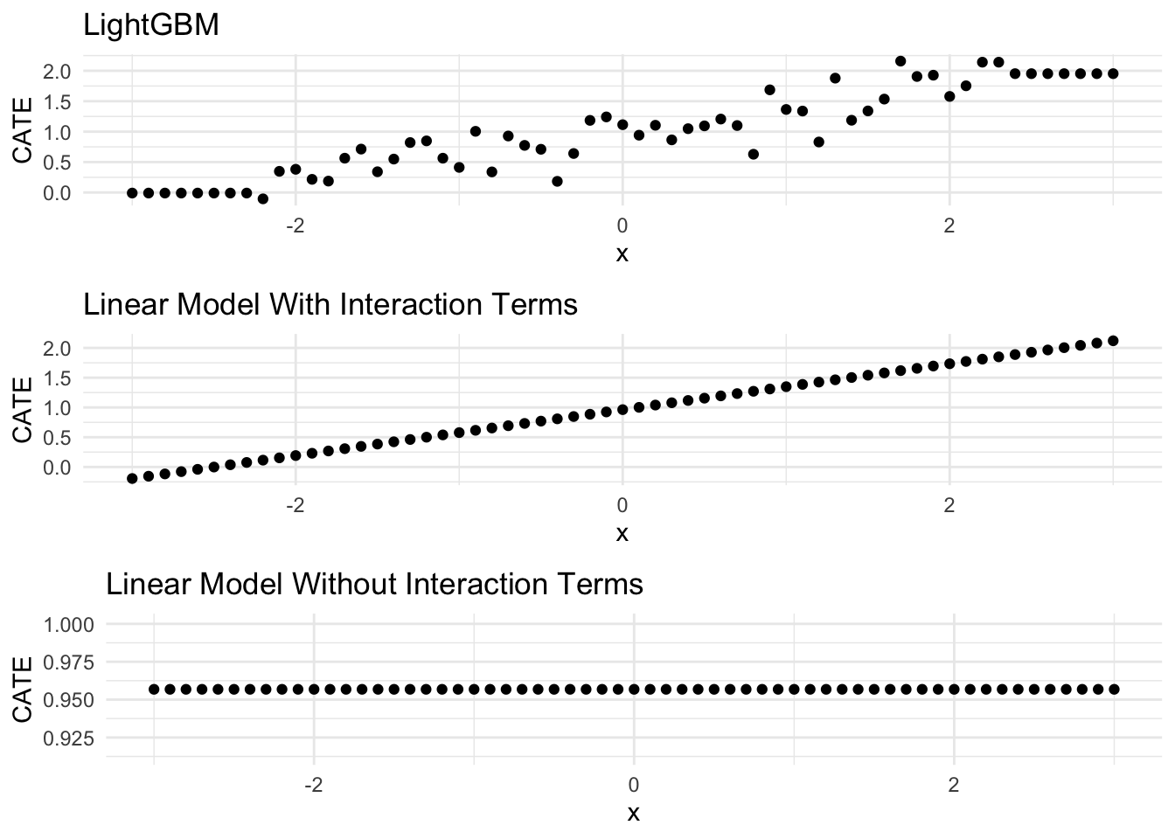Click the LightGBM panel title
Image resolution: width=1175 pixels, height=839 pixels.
point(150,25)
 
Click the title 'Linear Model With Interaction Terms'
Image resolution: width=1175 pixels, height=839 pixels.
point(330,304)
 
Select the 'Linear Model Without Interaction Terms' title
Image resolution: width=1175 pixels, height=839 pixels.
point(374,583)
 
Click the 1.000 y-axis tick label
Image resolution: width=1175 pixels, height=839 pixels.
point(73,625)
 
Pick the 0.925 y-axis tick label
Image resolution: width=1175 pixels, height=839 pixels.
point(73,738)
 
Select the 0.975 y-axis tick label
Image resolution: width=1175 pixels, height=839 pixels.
point(73,662)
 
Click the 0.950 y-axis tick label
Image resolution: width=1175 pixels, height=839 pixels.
point(73,700)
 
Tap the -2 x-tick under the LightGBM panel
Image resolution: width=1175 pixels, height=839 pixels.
point(295,226)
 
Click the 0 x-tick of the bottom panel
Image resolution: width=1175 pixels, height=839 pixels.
point(633,785)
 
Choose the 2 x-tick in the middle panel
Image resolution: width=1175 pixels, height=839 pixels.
point(949,505)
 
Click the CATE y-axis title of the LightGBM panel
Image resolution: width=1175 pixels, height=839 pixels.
point(24,130)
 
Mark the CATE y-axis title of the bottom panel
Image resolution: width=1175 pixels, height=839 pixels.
point(24,690)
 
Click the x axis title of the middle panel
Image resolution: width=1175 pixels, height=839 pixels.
point(622,533)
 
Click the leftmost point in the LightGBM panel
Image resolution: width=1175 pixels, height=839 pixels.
point(132,193)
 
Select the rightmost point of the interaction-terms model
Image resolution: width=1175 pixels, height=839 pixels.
point(1113,341)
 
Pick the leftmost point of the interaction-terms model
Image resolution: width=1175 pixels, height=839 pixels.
point(132,478)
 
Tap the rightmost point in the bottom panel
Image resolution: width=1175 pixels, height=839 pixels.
point(1114,690)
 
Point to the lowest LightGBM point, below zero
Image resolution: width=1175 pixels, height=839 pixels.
point(263,199)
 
